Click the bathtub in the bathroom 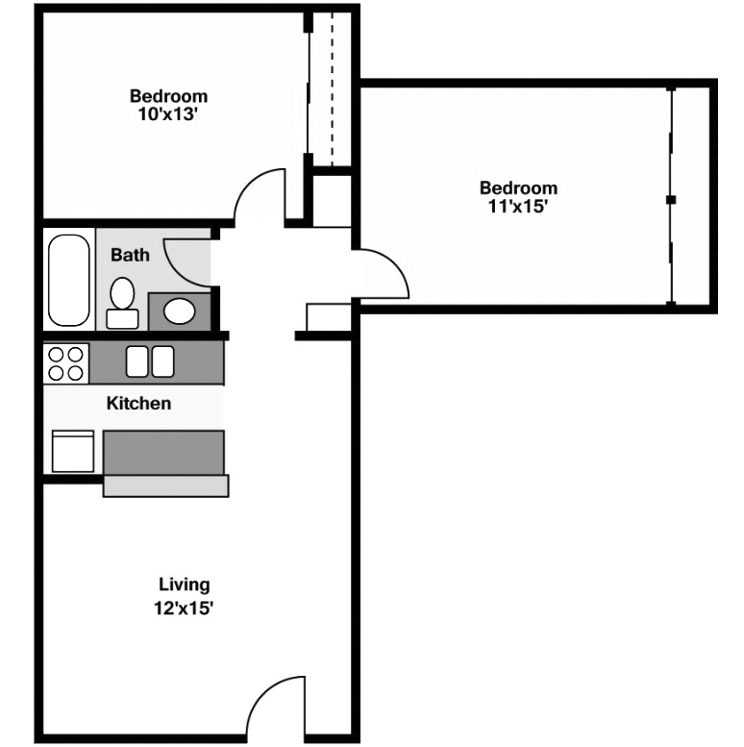tap(67, 279)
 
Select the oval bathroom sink tap(179, 311)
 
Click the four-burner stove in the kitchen tap(65, 363)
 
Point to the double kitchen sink tap(151, 361)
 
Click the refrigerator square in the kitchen tap(73, 451)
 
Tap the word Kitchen tap(138, 404)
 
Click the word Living tap(184, 585)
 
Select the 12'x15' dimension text tap(184, 608)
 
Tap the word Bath tap(130, 256)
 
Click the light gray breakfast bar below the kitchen tap(165, 486)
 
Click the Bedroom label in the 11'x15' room tap(518, 187)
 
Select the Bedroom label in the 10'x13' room tap(168, 96)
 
